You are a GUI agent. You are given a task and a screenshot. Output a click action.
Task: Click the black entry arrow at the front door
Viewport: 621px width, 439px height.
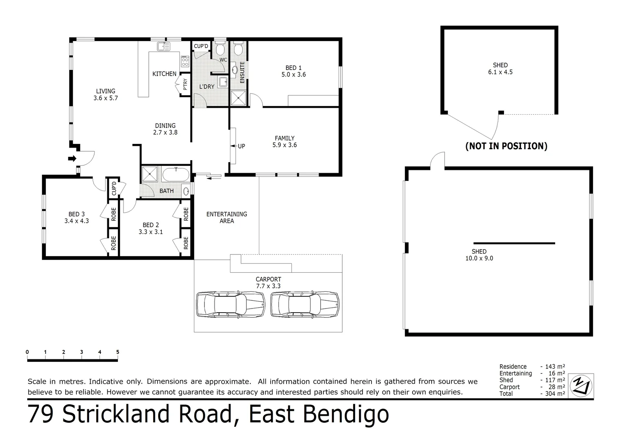tap(72, 159)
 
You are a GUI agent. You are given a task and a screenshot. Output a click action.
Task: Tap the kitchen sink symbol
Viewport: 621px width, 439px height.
tap(164, 46)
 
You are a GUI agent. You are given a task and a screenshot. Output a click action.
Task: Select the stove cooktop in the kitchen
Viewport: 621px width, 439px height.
tap(185, 61)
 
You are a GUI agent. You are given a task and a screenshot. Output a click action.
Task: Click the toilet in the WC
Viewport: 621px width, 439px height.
tap(220, 50)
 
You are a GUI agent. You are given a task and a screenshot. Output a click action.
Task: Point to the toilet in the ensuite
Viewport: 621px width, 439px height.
tap(238, 49)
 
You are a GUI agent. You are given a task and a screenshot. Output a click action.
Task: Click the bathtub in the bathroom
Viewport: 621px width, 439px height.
tap(176, 175)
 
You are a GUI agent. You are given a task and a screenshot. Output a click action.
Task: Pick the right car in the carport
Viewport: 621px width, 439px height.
tap(305, 304)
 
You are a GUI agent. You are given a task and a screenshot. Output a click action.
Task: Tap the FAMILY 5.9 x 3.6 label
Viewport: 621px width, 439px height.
tap(284, 141)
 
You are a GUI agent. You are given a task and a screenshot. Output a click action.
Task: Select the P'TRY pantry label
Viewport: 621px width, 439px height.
tap(185, 84)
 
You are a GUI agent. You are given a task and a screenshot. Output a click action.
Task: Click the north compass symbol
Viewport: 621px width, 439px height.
tap(581, 385)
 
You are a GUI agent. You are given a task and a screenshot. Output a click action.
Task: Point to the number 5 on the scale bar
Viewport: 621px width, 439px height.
tap(117, 352)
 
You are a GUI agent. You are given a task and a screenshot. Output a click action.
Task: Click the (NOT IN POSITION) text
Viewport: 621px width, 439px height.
tap(506, 146)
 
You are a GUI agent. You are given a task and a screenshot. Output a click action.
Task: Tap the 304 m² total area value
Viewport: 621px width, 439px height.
tap(555, 393)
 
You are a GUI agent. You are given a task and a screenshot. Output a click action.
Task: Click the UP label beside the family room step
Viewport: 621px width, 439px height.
tap(241, 146)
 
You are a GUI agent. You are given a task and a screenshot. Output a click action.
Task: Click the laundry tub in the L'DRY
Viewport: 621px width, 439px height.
tap(223, 82)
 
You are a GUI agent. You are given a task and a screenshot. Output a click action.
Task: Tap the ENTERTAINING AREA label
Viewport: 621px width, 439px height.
tap(226, 217)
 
